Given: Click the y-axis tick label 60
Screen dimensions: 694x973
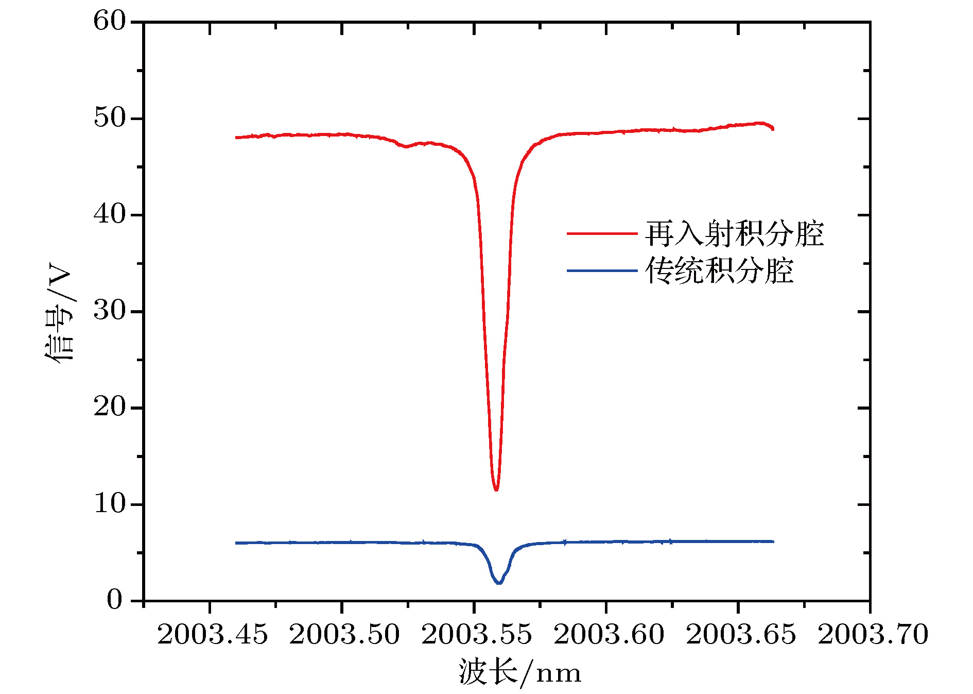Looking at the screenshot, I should pyautogui.click(x=109, y=22).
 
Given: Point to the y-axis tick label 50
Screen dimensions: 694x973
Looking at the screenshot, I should pyautogui.click(x=109, y=118).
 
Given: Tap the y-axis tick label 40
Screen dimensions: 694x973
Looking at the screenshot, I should pyautogui.click(x=109, y=214).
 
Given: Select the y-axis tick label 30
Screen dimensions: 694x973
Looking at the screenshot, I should pyautogui.click(x=109, y=311).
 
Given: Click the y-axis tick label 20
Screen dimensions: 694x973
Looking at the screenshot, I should pyautogui.click(x=109, y=407).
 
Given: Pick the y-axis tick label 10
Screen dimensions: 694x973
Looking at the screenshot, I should pyautogui.click(x=109, y=503).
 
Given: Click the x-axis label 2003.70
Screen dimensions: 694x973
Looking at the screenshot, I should pyautogui.click(x=873, y=634).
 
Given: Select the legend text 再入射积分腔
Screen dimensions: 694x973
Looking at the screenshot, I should pyautogui.click(x=734, y=234).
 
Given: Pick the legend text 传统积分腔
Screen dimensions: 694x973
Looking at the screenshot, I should pyautogui.click(x=719, y=271).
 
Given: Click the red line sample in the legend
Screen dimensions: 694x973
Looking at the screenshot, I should pyautogui.click(x=602, y=234).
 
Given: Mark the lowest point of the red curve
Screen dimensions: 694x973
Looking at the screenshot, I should pyautogui.click(x=496, y=489).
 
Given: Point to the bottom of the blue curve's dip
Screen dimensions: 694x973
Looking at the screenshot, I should pyautogui.click(x=498, y=583).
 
